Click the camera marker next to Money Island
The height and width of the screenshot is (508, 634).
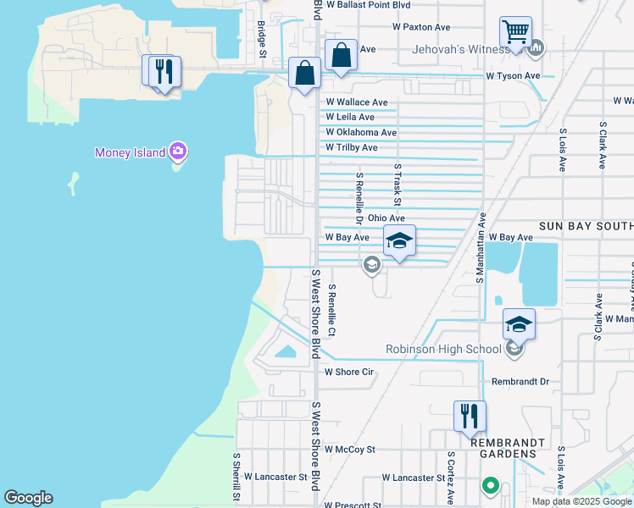click(178, 152)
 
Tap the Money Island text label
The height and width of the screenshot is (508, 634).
click(131, 152)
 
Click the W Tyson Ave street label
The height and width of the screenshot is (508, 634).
click(512, 76)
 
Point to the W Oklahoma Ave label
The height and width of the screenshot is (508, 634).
click(361, 133)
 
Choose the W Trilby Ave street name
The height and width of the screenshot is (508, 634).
click(352, 148)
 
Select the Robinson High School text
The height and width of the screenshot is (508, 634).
click(443, 349)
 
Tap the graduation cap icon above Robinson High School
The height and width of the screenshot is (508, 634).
click(520, 323)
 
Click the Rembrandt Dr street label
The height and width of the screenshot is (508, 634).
click(520, 382)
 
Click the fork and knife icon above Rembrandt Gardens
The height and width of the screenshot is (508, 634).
click(470, 416)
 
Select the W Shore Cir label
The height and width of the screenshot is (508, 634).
click(349, 372)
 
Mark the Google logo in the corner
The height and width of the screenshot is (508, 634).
click(28, 498)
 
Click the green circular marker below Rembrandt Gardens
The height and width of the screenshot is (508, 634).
click(489, 486)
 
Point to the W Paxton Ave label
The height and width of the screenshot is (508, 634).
click(421, 27)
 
